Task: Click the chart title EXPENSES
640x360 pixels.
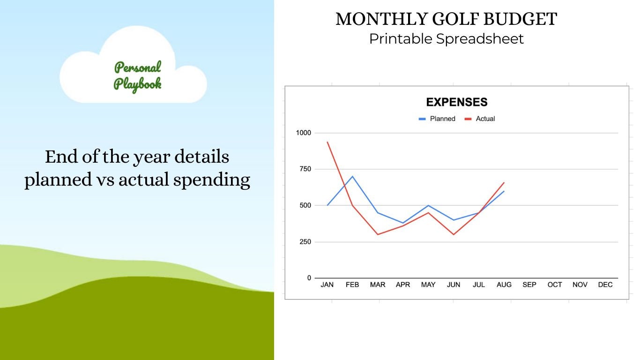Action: click(x=456, y=102)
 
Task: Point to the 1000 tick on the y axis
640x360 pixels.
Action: click(x=303, y=133)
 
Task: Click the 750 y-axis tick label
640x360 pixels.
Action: click(x=305, y=169)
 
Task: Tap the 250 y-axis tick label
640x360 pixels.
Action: click(x=305, y=242)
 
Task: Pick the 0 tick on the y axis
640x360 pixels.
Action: click(x=309, y=278)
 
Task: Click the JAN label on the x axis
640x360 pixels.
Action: click(x=327, y=285)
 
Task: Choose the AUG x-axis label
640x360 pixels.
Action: click(x=504, y=285)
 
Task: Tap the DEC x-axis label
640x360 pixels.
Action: click(x=605, y=285)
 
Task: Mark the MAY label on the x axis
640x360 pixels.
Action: click(x=428, y=285)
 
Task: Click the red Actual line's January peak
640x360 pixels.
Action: click(x=327, y=142)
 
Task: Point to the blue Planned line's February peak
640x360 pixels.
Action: click(x=352, y=176)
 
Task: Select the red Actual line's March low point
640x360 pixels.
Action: click(x=378, y=234)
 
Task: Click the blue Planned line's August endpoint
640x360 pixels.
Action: click(x=504, y=191)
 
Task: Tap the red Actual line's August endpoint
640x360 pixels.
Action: click(x=504, y=182)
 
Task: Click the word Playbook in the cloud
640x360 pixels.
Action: click(x=138, y=84)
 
